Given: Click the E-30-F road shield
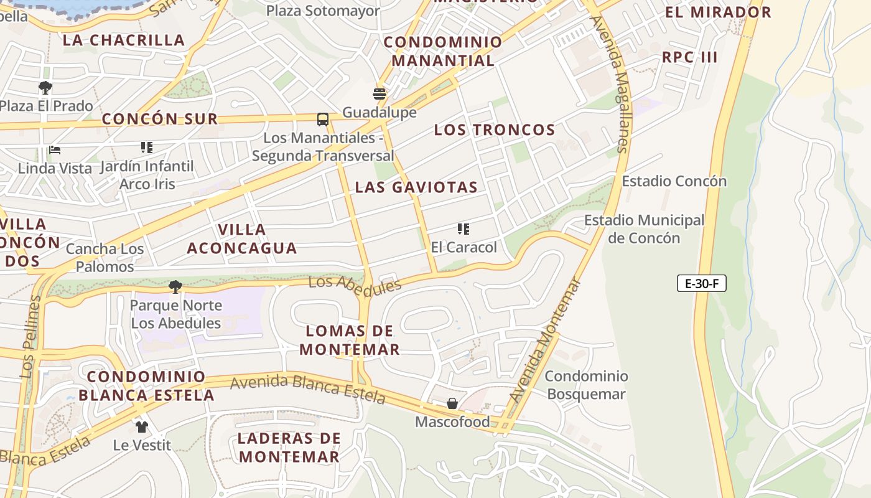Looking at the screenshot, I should tap(701, 284).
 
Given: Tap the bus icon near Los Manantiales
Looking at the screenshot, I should tap(322, 119).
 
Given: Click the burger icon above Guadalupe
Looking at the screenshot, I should tap(380, 94).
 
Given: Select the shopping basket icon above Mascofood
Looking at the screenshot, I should tap(452, 403).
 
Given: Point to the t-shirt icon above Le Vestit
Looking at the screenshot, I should tap(142, 426).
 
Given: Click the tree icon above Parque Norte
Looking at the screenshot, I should tap(175, 286).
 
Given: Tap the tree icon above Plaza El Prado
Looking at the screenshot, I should tap(45, 87).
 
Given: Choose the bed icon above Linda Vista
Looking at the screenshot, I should tap(55, 150).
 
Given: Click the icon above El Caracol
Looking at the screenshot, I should tap(463, 229).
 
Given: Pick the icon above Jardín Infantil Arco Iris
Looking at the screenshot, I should tap(147, 148).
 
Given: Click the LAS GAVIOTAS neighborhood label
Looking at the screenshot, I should tap(416, 187).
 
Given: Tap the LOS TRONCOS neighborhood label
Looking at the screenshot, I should tap(494, 130).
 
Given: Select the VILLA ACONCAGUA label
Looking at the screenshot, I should tap(241, 239).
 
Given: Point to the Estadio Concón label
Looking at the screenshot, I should tap(674, 181).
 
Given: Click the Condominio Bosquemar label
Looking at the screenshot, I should tap(586, 385).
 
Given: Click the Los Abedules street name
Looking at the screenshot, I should tap(355, 284).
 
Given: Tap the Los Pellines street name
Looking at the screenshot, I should tap(30, 336).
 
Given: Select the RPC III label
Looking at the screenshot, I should tap(689, 57).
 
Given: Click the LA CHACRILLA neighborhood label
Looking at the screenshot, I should tap(124, 40).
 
